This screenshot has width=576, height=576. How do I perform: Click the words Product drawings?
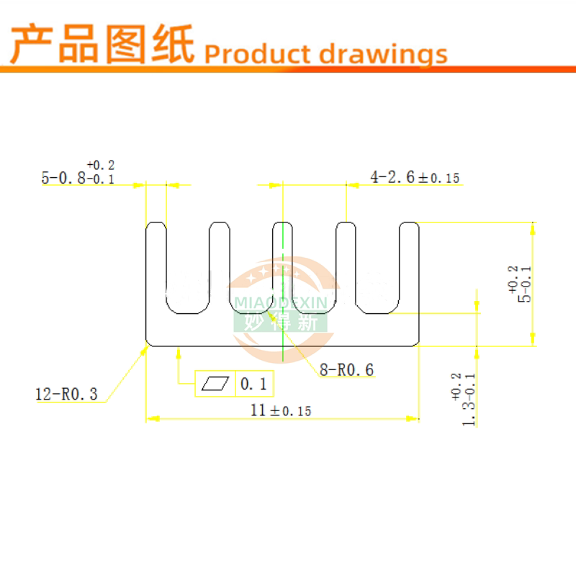[x=325, y=53]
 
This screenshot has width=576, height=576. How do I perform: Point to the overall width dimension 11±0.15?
[x=281, y=410]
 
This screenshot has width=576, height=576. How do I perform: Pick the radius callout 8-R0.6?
[x=346, y=370]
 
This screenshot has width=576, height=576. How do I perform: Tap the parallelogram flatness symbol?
[x=216, y=384]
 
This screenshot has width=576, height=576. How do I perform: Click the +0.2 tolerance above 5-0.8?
[x=100, y=165]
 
